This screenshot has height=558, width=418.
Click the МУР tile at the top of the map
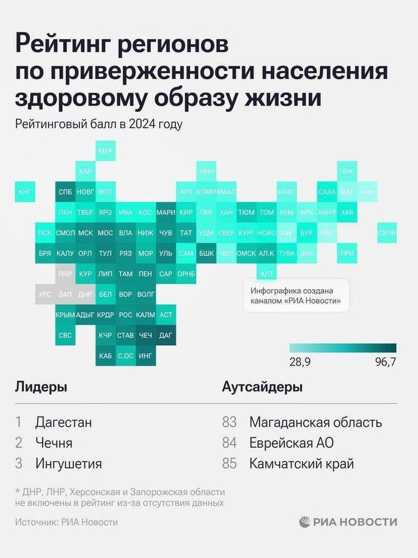105,151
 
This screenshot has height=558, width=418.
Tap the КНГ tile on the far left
25,192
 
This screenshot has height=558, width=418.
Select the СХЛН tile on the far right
387,232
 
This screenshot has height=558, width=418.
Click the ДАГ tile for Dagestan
166,336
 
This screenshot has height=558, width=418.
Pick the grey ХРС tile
44,294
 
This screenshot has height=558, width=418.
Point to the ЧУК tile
347,171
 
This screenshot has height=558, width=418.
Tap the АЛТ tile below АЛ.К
267,273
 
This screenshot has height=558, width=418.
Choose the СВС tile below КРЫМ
64,336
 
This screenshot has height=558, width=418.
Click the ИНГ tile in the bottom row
145,356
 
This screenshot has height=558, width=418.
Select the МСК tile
85,232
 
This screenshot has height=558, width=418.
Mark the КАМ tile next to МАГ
367,192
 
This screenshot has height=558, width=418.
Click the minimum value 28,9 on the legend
300,362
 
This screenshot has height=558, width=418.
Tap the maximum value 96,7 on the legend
386,362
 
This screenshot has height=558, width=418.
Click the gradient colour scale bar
343,347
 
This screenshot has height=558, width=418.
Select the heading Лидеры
41,387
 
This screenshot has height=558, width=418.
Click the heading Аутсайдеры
262,387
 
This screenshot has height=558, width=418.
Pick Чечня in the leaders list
53,443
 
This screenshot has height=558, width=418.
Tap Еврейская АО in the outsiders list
291,443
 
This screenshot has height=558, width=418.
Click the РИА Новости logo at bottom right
348,522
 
